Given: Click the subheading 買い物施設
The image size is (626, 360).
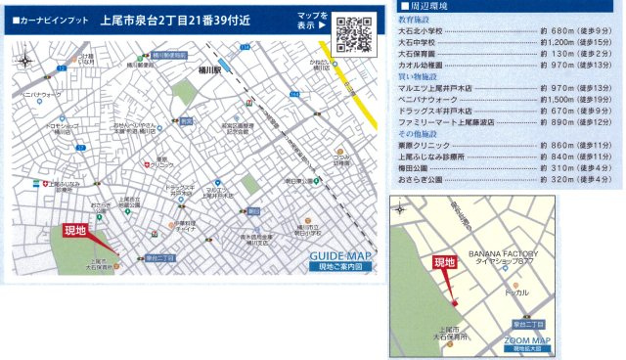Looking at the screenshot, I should (x=418, y=77).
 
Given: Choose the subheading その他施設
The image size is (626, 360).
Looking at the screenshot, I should (x=418, y=135).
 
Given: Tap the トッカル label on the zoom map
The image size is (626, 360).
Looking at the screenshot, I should (x=516, y=292).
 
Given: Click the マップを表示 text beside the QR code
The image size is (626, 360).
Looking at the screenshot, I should (x=314, y=22).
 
